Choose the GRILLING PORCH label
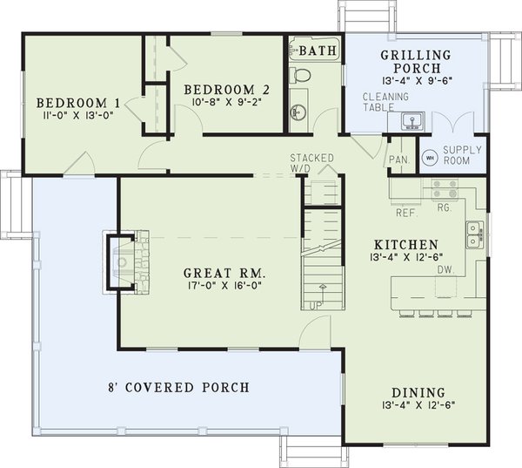416,62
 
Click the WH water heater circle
429,159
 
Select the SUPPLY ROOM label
462,154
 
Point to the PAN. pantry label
399,159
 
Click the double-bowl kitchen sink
474,234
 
